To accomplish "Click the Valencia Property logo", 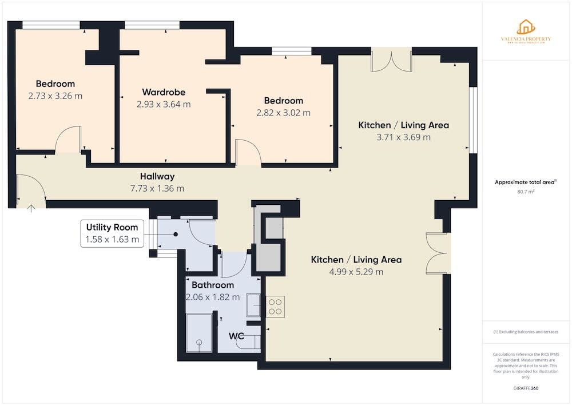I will pos(526,31).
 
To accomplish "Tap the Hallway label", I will pos(157,176).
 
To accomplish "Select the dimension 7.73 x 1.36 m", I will pos(157,188).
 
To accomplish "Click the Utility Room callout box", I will pos(112,233).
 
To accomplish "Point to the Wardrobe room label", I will pos(164,92).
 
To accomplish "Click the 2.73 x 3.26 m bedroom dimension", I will pos(55,96).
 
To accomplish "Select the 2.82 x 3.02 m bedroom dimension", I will pos(284,113).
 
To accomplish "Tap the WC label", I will pos(236,336).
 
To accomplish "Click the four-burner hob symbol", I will pos(275,306).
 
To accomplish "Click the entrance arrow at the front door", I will pos(31,208).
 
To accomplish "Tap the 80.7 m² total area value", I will pos(525,192).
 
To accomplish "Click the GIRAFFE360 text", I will pos(526,388).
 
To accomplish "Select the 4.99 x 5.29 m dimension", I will pos(356,272).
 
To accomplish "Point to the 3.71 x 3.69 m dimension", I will pos(403,137).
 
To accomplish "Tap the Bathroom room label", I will pos(213,285).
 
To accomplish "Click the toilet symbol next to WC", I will pos(255,340).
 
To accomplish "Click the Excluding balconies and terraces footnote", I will pos(526,332).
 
